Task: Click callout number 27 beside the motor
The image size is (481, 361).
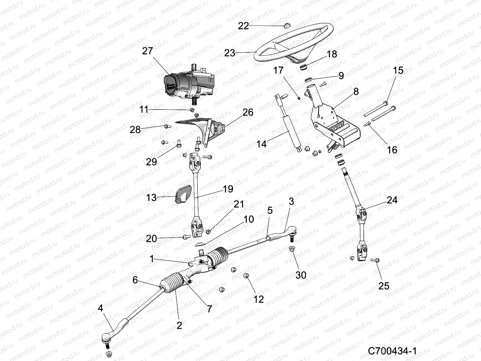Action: tap(148, 51)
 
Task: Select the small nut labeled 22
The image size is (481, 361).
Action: tap(286, 26)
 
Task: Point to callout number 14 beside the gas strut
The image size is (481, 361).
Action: tap(262, 144)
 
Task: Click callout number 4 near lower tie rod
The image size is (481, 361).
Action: tap(100, 308)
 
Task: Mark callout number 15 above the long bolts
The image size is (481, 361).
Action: tap(398, 70)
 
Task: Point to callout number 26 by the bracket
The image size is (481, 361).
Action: tap(248, 113)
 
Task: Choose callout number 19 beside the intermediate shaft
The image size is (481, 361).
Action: tap(228, 189)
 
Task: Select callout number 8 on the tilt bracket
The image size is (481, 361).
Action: tap(356, 92)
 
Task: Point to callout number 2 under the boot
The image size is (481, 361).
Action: tap(179, 325)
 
